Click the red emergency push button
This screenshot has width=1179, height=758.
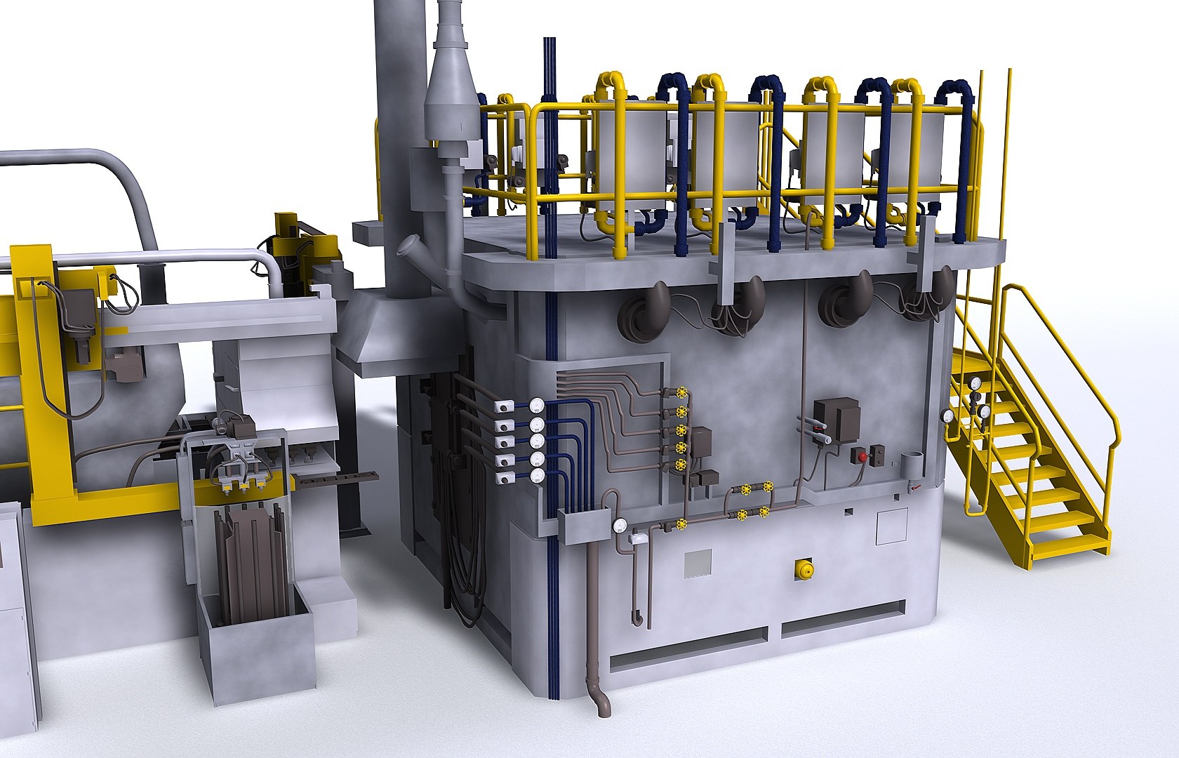(x=862, y=456)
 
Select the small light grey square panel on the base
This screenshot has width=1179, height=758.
(x=698, y=563)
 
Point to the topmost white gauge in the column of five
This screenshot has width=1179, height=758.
(x=537, y=406)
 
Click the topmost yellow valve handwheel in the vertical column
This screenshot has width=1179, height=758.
(x=681, y=394)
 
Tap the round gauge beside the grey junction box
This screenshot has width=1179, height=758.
(x=620, y=525)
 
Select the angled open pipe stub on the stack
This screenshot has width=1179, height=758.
(x=410, y=247)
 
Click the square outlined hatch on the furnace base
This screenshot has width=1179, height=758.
(x=891, y=526)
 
